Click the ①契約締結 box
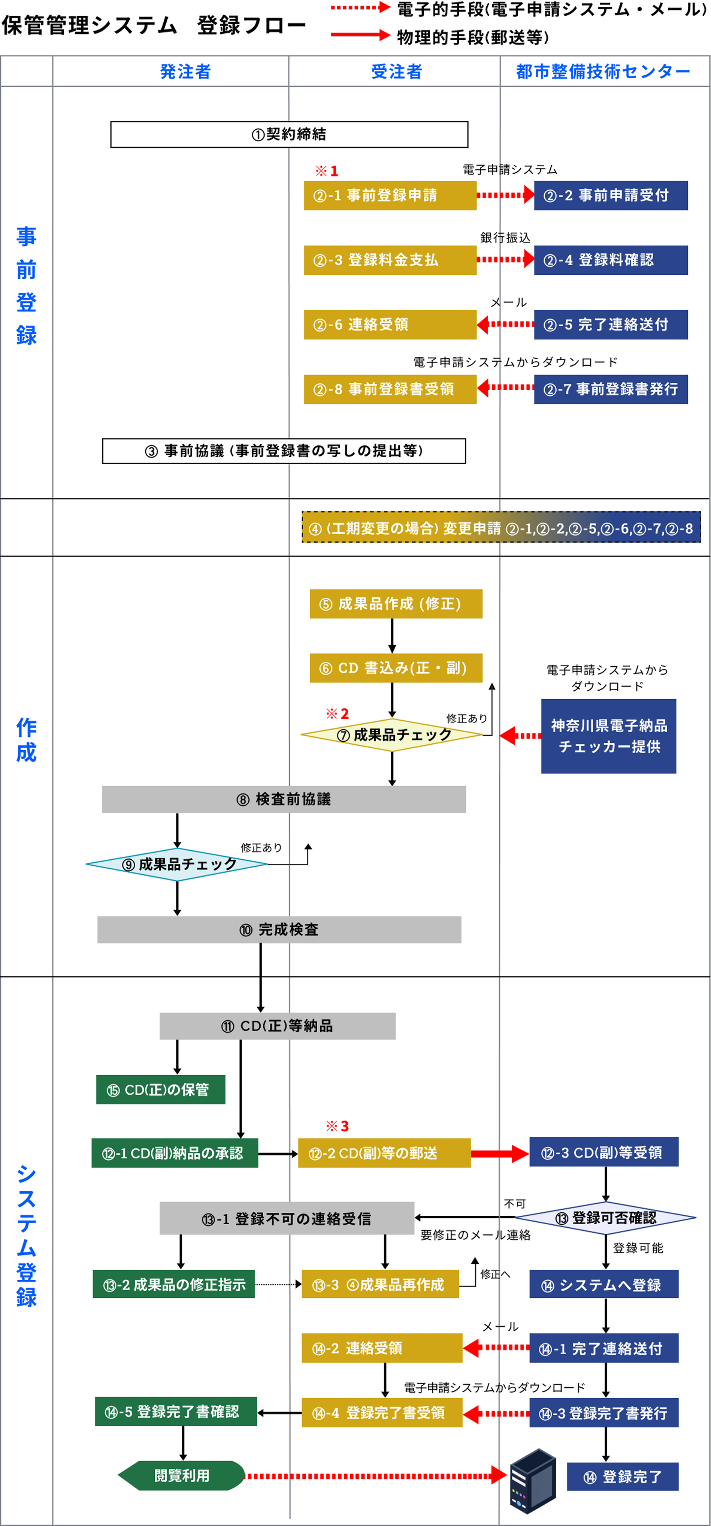point(289,135)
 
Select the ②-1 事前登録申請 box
point(390,196)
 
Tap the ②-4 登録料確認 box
point(610,260)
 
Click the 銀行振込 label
point(505,238)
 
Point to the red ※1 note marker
point(326,171)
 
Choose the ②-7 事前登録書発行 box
point(610,389)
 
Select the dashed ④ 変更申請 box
point(501,528)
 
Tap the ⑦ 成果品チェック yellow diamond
point(392,735)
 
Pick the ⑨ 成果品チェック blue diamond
point(177,864)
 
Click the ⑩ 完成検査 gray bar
point(279,929)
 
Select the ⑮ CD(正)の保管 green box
point(160,1089)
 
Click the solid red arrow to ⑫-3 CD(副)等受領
point(499,1153)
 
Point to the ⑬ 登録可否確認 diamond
point(605,1218)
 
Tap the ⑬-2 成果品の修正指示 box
point(173,1284)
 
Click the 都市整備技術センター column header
point(603,72)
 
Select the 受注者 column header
point(396,72)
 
